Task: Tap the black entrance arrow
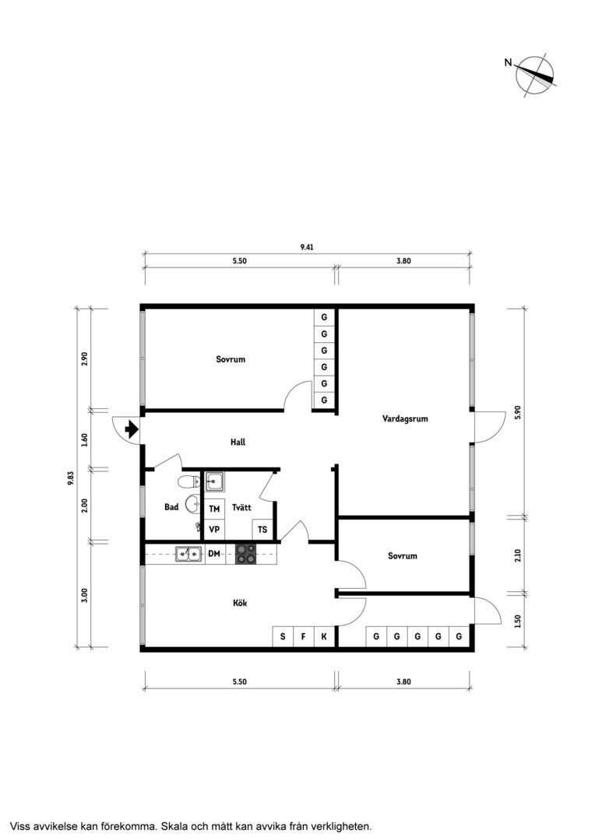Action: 132,429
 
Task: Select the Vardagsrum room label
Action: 405,418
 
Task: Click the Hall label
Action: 238,442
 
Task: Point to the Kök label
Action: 240,604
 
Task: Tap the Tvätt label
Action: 241,507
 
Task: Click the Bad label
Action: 171,507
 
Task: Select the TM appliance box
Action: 214,509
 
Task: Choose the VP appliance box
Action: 214,530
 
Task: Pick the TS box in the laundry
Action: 262,530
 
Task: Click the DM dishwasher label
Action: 214,554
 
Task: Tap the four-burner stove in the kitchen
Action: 246,554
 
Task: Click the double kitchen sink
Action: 188,554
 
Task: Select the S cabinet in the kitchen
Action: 283,636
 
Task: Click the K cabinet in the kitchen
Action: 324,636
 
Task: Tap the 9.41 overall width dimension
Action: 307,247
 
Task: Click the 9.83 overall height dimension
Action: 70,478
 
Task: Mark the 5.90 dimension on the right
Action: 518,412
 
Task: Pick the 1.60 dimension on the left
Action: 83,440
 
